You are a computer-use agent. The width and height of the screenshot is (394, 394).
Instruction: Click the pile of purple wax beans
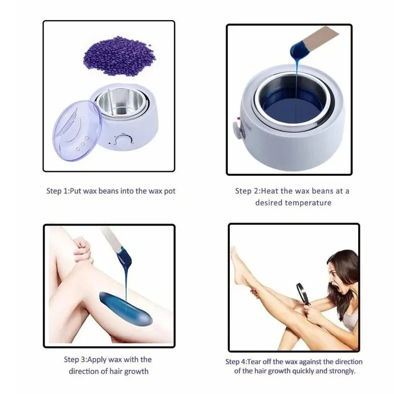point(119,57)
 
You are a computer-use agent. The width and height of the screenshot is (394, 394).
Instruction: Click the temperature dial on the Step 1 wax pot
point(126,140)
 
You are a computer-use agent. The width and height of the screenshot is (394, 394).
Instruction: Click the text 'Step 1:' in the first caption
point(57,191)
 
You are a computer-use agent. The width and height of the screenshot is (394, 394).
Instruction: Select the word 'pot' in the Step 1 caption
point(169,191)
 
